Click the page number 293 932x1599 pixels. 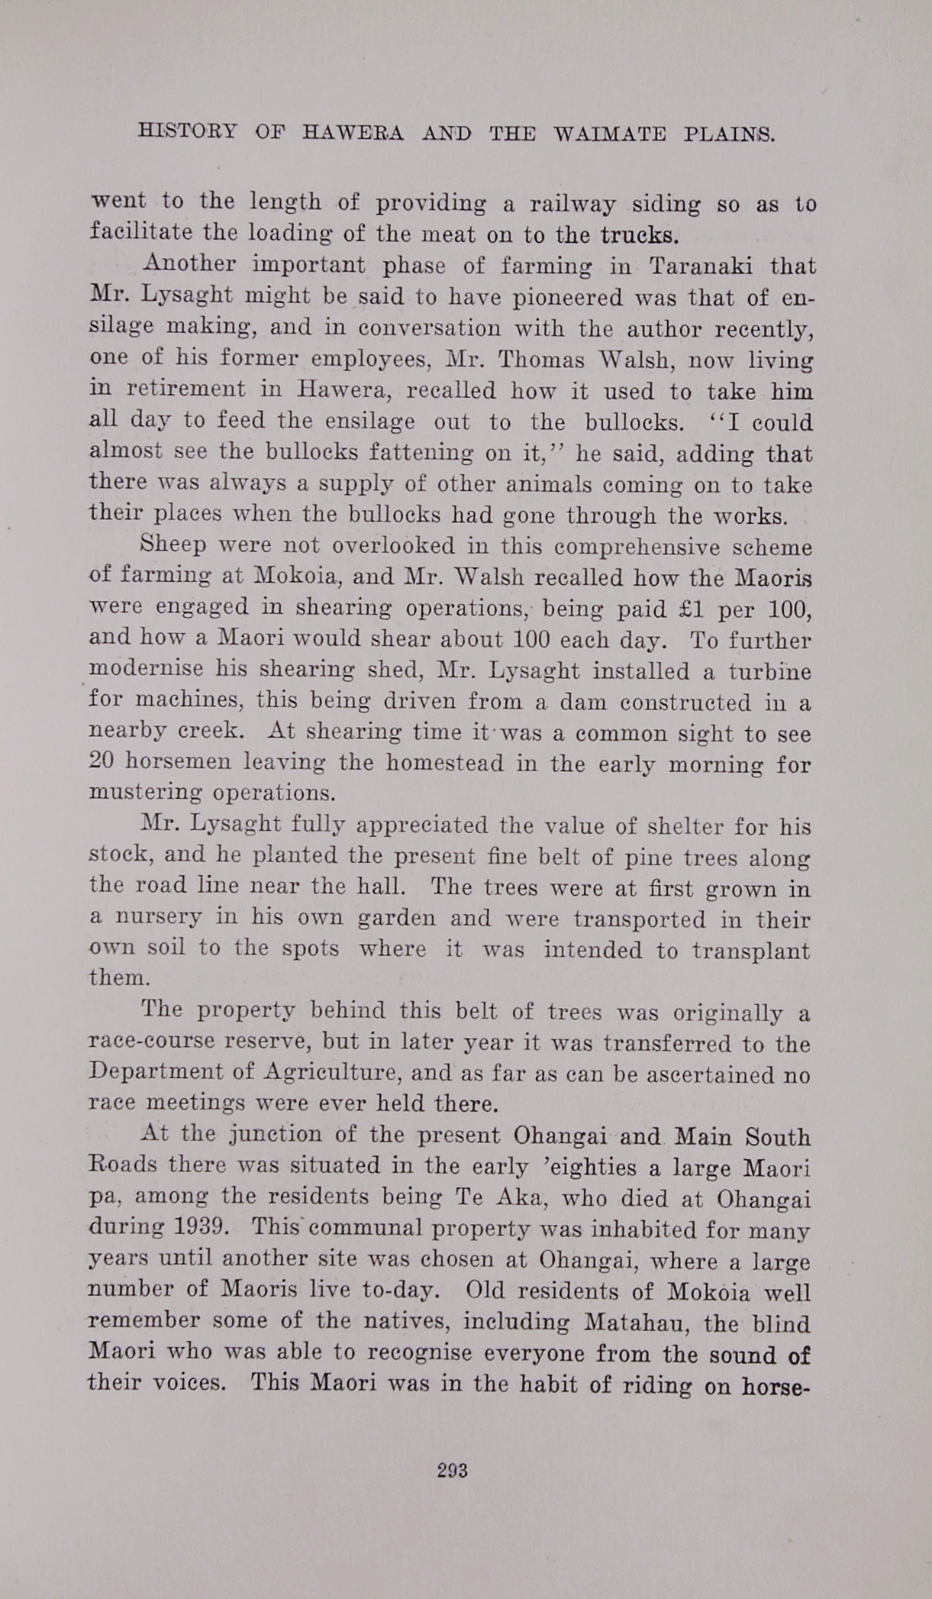click(452, 1471)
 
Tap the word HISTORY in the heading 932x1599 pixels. click(188, 131)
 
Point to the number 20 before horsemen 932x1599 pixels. click(102, 762)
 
